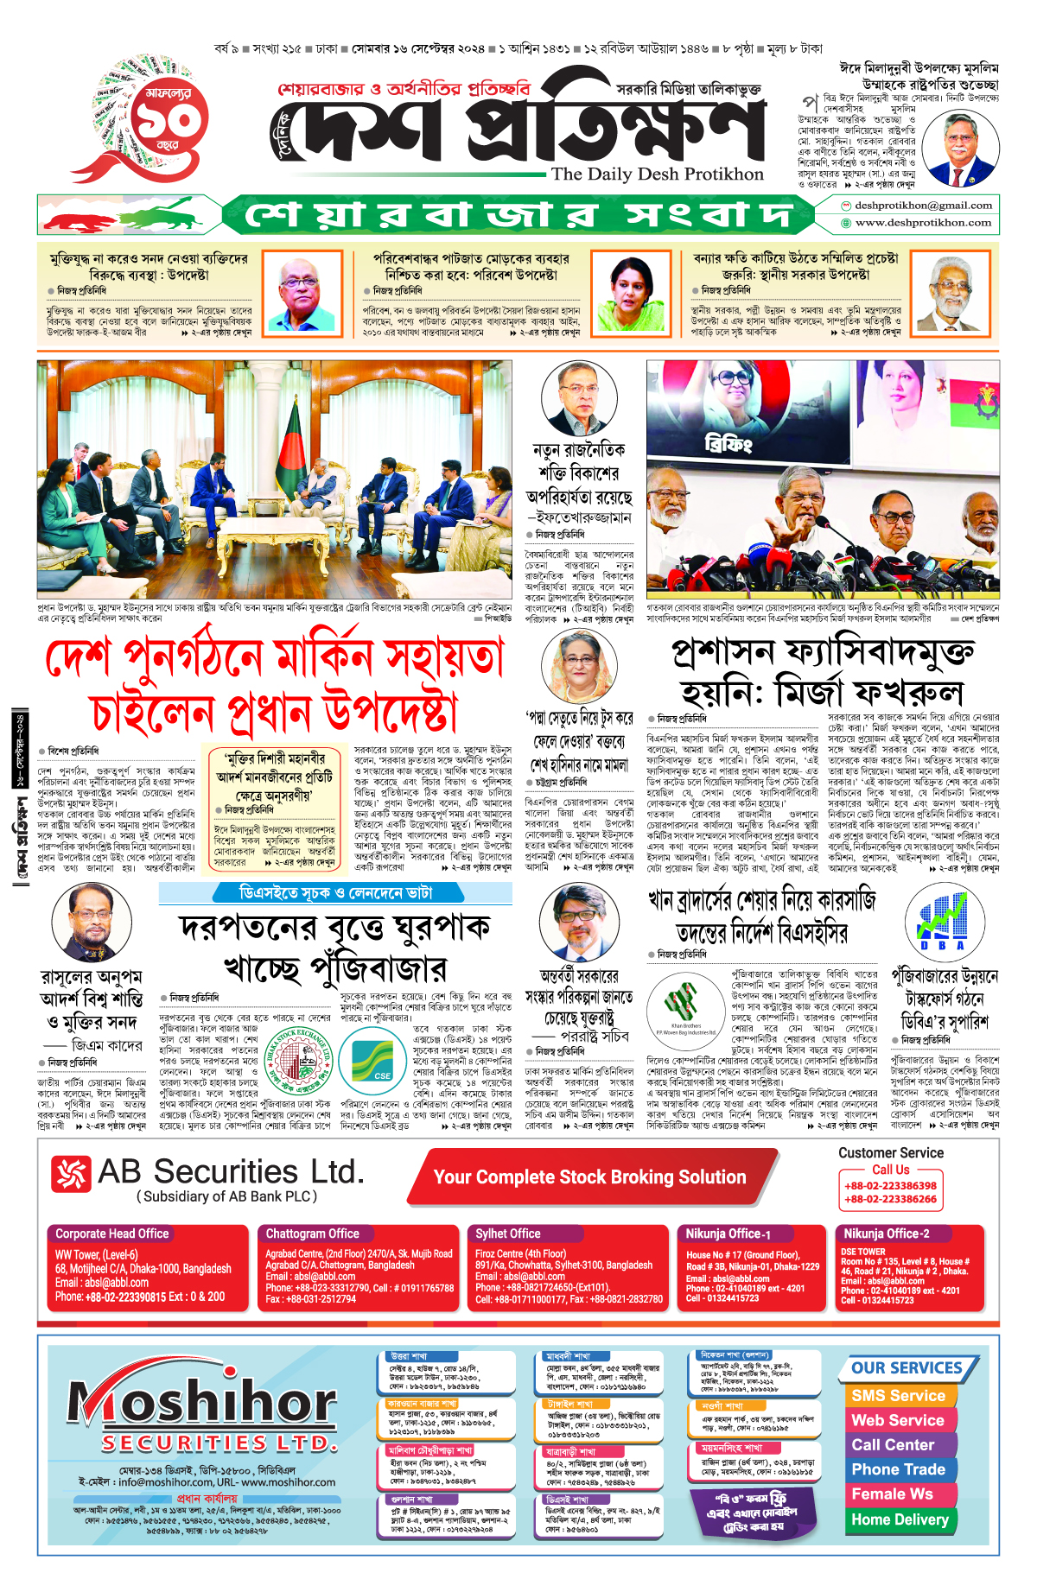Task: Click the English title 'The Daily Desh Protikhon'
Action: point(657,174)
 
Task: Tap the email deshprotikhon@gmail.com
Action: point(922,206)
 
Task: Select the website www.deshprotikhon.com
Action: point(922,223)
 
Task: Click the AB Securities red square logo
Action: point(71,1174)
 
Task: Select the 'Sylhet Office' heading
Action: point(507,1234)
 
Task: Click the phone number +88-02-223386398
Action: point(890,1186)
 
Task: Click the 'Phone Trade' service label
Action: point(898,1469)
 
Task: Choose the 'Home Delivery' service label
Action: point(900,1519)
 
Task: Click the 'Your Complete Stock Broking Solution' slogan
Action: point(589,1177)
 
